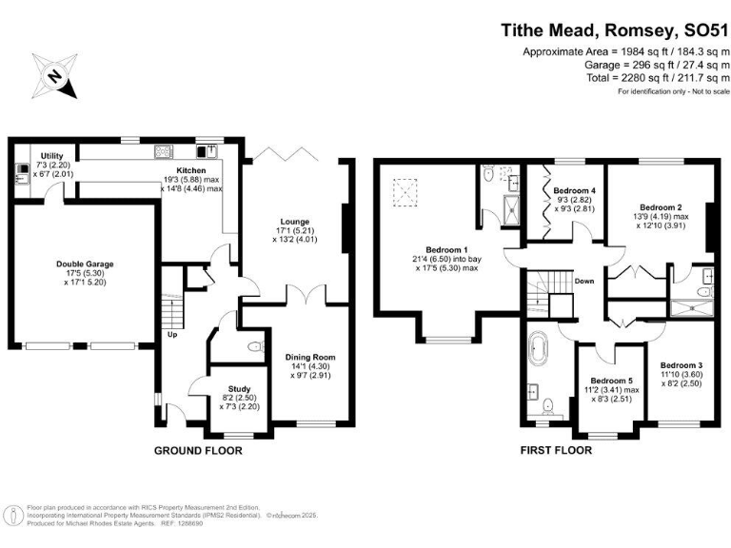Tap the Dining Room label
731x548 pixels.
click(x=310, y=358)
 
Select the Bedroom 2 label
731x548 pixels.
click(x=661, y=206)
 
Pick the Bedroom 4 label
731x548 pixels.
click(x=574, y=190)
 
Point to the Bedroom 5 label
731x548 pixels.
click(x=611, y=381)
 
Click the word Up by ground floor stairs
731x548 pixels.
click(x=172, y=334)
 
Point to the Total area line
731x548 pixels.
click(x=625, y=78)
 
